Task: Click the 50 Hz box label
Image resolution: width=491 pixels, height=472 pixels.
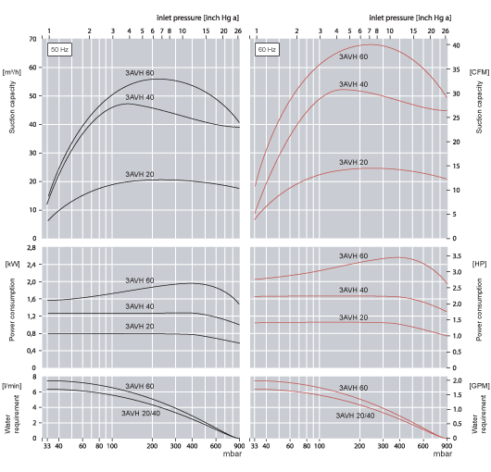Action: [x=59, y=48]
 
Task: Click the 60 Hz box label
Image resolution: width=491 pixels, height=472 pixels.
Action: [x=268, y=48]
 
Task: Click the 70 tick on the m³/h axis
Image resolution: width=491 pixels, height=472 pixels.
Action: [x=32, y=40]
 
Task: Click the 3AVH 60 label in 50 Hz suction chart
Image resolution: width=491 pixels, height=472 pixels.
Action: [x=140, y=73]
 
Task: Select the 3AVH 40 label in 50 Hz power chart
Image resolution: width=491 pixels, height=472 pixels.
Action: [x=140, y=306]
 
